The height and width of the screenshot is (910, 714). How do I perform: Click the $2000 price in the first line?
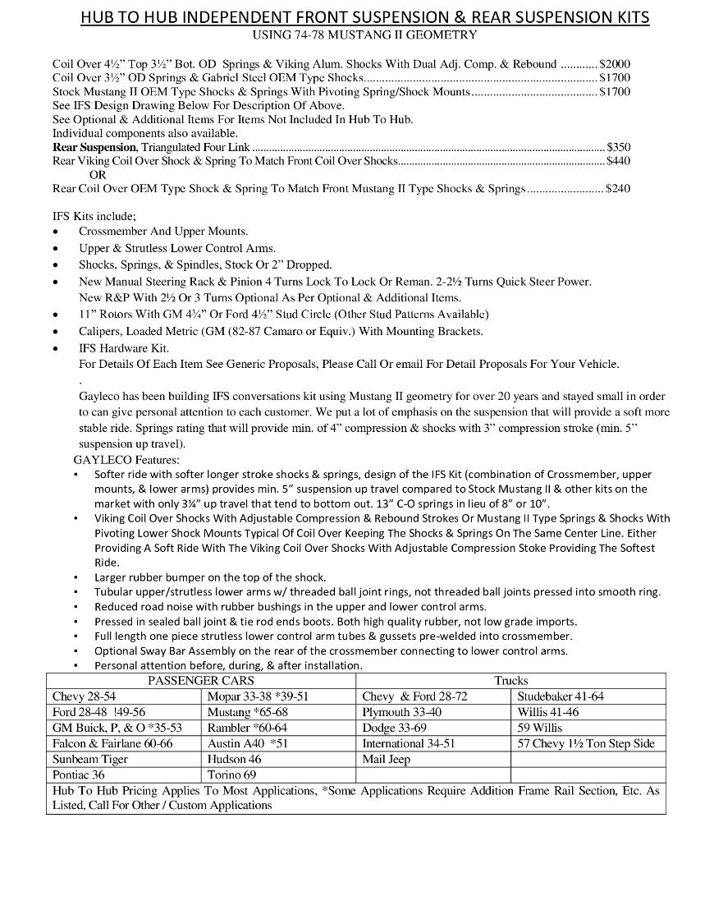[615, 63]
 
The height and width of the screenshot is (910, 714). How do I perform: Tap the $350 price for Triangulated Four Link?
[618, 147]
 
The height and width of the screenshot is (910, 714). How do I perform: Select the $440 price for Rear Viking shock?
[618, 161]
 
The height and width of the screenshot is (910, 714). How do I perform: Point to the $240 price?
[618, 189]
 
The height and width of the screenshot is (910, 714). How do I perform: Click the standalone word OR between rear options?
[98, 175]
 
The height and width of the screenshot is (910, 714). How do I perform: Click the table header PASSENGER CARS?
[200, 680]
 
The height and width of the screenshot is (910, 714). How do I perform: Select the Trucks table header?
[510, 680]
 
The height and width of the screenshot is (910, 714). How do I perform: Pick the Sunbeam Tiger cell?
[90, 759]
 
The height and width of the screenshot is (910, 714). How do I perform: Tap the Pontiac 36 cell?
[79, 774]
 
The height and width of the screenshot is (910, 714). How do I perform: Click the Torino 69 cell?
[231, 774]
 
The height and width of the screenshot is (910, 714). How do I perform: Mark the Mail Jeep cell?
[386, 759]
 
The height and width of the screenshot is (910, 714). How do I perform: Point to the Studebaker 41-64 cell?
[561, 696]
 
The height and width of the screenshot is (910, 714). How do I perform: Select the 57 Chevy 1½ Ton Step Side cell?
[586, 743]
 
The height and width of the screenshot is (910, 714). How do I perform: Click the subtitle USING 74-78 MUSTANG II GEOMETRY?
[364, 34]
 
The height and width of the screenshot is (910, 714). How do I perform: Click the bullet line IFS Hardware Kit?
[124, 348]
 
